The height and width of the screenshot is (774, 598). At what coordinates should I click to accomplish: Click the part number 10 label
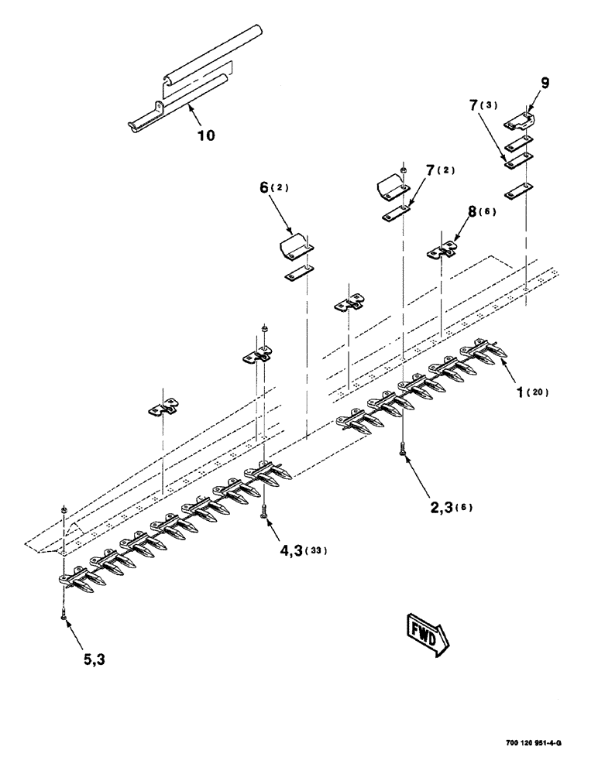205,135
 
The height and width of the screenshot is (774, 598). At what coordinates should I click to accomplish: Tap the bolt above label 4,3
266,510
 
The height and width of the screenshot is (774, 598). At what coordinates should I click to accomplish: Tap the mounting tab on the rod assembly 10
159,107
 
